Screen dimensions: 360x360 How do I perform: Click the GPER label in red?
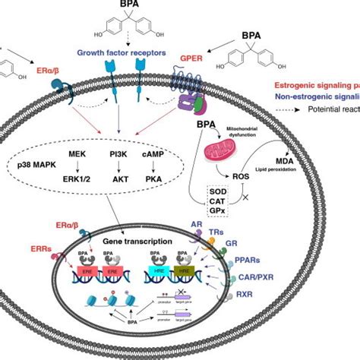[212, 55]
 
